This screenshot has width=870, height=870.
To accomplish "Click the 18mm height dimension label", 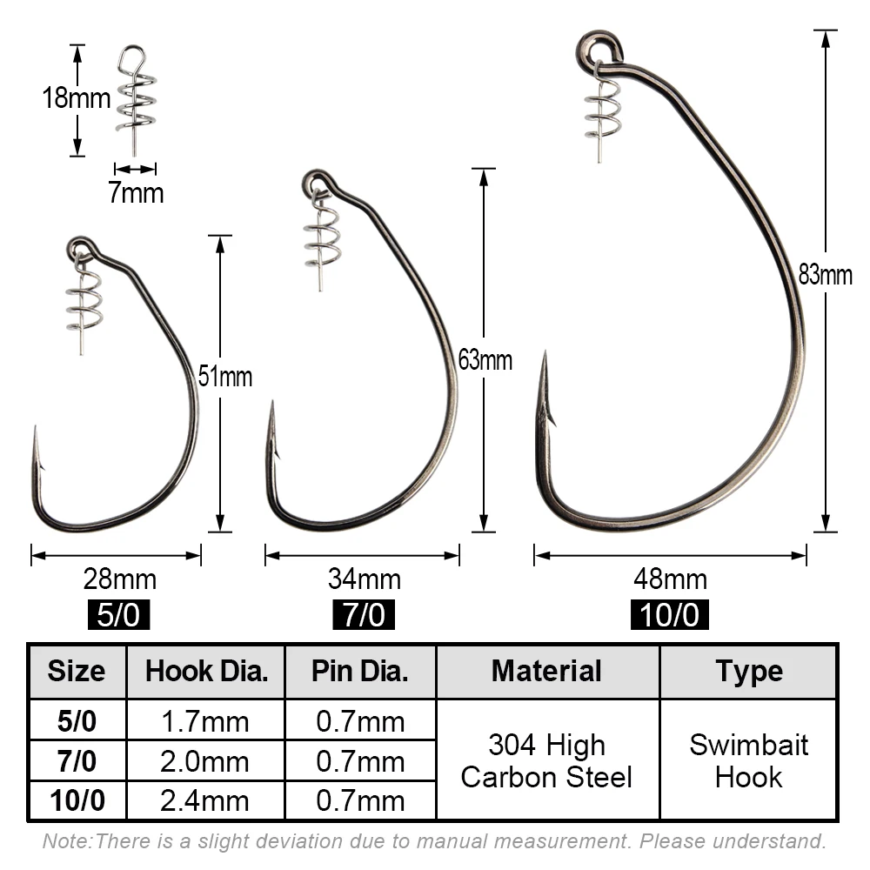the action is coord(77,98).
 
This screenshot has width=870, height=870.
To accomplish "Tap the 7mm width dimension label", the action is coord(136,193).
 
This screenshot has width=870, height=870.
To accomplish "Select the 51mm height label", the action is coord(225,376).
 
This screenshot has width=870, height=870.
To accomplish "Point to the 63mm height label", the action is coord(485,360).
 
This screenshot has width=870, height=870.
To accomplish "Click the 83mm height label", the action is coord(825,275).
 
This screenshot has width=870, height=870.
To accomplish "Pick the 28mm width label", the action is coord(120,579).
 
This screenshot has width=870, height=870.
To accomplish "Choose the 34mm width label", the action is coord(365,579).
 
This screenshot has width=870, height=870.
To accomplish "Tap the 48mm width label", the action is coord(670,579).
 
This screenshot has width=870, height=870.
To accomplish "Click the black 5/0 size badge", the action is coord(118,615).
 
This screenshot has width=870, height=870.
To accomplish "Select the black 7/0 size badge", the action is coord(364,615).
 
